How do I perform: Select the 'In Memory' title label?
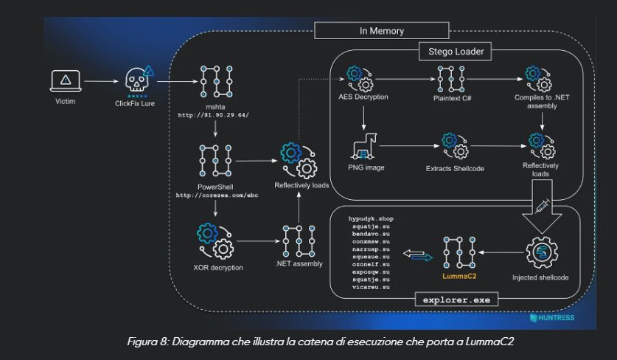point(381,31)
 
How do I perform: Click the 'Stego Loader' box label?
point(455,52)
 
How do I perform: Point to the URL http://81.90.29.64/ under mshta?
point(215,116)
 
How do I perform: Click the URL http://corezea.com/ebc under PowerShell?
point(215,195)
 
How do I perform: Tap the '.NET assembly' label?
point(299,263)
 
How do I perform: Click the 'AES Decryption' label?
point(363,97)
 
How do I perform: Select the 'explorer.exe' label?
point(456,300)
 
